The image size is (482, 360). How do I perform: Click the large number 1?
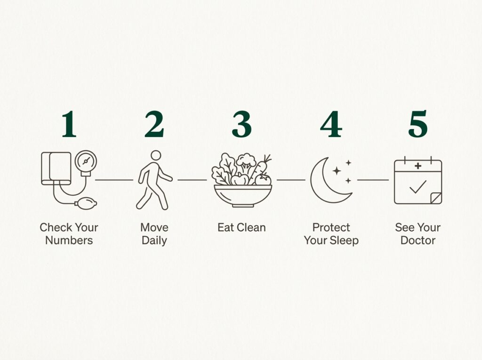69,124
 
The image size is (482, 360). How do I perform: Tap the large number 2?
154,124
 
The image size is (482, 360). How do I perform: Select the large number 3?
241,124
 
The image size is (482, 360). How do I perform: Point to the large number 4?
331,124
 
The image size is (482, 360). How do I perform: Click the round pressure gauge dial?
86,161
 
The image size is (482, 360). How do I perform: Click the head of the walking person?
156,155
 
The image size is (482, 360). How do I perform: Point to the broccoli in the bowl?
246,163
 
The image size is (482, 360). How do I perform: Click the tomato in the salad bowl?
263,179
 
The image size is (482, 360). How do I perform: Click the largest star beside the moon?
337,171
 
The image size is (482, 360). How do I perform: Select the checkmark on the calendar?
418,187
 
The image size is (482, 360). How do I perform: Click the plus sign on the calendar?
418,166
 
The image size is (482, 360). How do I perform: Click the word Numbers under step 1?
69,240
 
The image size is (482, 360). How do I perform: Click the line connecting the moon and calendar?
373,180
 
